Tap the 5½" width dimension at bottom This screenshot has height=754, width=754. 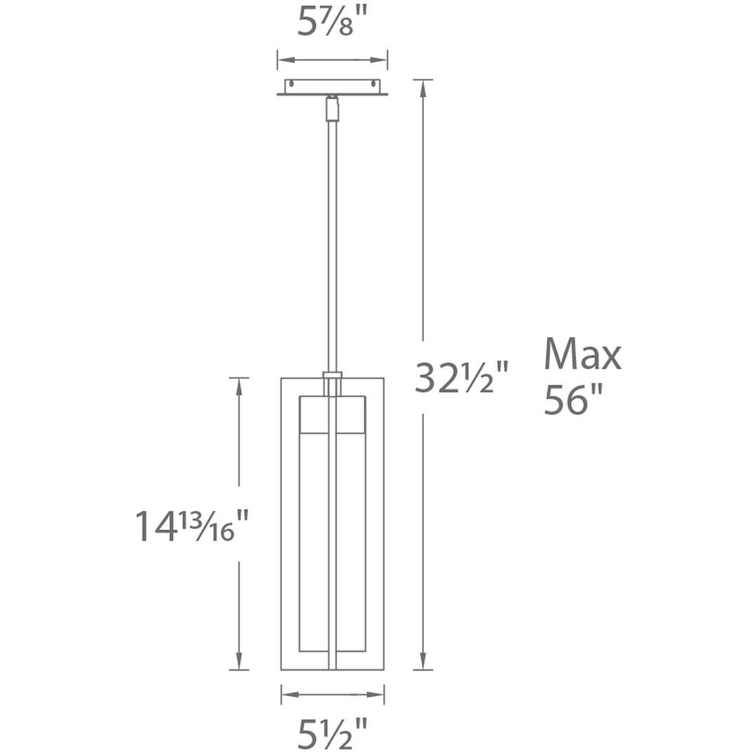pyautogui.click(x=333, y=732)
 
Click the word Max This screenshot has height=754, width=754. pyautogui.click(x=582, y=355)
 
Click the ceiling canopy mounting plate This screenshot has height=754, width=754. pyautogui.click(x=332, y=87)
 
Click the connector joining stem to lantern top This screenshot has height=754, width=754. pyautogui.click(x=332, y=382)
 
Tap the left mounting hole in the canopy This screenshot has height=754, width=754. pyautogui.click(x=289, y=85)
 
